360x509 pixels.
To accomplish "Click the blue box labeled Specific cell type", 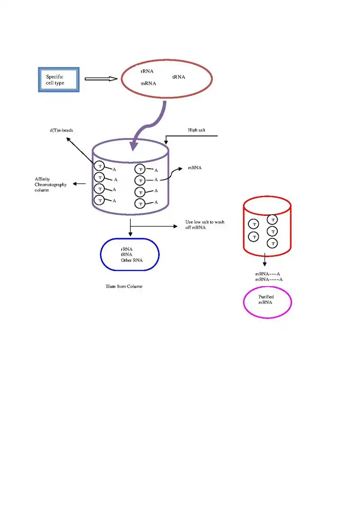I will pos(58,80).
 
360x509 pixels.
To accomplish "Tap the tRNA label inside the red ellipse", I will pos(179,77).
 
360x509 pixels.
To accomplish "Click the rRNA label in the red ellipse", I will pos(147,71).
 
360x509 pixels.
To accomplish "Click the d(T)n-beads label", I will pos(61,130).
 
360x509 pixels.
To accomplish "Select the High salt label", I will pos(197,130).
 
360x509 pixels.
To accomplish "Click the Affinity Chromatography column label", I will pos(50,185).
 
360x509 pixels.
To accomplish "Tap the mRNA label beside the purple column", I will pos(194,168).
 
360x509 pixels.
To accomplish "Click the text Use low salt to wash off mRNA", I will pos(205,225).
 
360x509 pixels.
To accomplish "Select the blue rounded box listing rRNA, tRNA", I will pos(130,254).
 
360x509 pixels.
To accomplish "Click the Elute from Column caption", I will pos(124,286).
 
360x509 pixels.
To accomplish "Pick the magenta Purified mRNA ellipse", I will pos(267,302).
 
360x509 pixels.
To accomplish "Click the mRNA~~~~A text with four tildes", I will pos(269,280).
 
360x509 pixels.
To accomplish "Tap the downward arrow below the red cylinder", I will pos(265,260).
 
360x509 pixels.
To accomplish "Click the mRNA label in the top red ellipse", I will pos(148,84).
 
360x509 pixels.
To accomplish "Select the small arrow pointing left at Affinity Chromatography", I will pos(80,183).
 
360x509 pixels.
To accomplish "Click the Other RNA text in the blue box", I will pos(130,260).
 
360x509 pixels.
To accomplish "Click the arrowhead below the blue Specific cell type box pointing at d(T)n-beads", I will pos(69,139).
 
